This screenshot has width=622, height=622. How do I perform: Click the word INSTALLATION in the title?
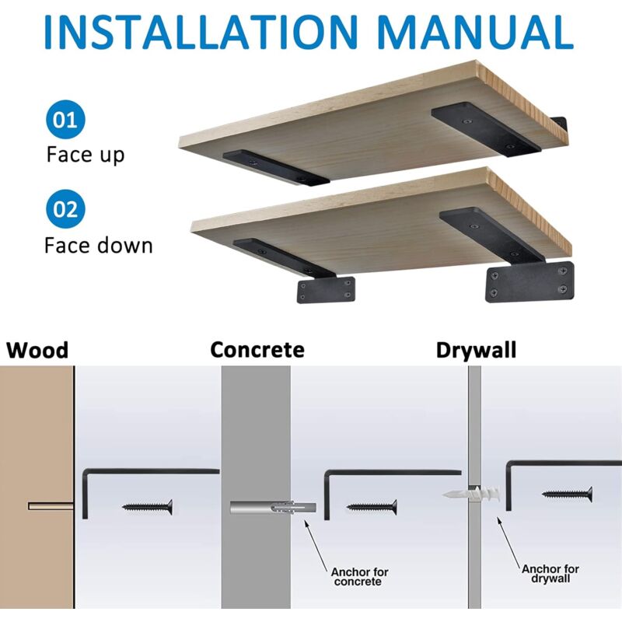point(201,32)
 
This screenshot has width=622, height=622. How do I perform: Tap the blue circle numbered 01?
point(65,120)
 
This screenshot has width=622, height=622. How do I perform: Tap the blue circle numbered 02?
point(65,209)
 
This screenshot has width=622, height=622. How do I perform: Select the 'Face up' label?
point(86,155)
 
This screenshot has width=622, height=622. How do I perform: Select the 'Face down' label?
point(99,245)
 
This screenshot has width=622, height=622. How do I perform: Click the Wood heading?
point(37,351)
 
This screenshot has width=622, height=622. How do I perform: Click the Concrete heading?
point(257,350)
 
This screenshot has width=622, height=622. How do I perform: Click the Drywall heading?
point(476,351)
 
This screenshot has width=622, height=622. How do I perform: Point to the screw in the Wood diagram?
point(148,507)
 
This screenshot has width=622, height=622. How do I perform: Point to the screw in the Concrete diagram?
point(372,507)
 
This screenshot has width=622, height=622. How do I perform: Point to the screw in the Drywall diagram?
point(568,494)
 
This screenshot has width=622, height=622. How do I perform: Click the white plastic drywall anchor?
point(472,494)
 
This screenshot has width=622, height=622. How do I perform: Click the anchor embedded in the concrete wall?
point(274,508)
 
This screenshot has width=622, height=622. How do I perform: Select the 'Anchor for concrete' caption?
point(359,577)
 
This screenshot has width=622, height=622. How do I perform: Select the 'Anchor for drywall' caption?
point(550,574)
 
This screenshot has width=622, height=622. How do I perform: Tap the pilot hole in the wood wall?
point(51,506)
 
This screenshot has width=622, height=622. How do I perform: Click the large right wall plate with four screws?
point(529,282)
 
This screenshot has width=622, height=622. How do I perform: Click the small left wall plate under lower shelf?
point(326,290)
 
